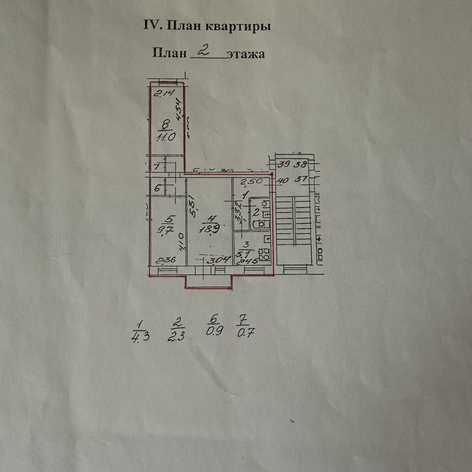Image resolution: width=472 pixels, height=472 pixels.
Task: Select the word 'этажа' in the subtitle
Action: point(246,54)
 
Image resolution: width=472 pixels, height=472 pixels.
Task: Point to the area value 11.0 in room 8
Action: point(161,138)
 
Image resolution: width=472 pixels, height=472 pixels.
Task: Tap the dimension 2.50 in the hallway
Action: point(253,181)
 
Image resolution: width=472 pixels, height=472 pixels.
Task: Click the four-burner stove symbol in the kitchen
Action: point(265,254)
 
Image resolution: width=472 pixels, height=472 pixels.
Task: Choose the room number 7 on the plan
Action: point(156,167)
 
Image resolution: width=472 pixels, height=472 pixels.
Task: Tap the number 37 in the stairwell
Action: point(300,179)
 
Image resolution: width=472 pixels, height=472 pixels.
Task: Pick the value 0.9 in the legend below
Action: point(214,331)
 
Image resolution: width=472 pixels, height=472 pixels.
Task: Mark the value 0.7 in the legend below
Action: point(243,333)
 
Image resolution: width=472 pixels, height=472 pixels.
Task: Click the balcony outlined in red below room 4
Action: point(209,281)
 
